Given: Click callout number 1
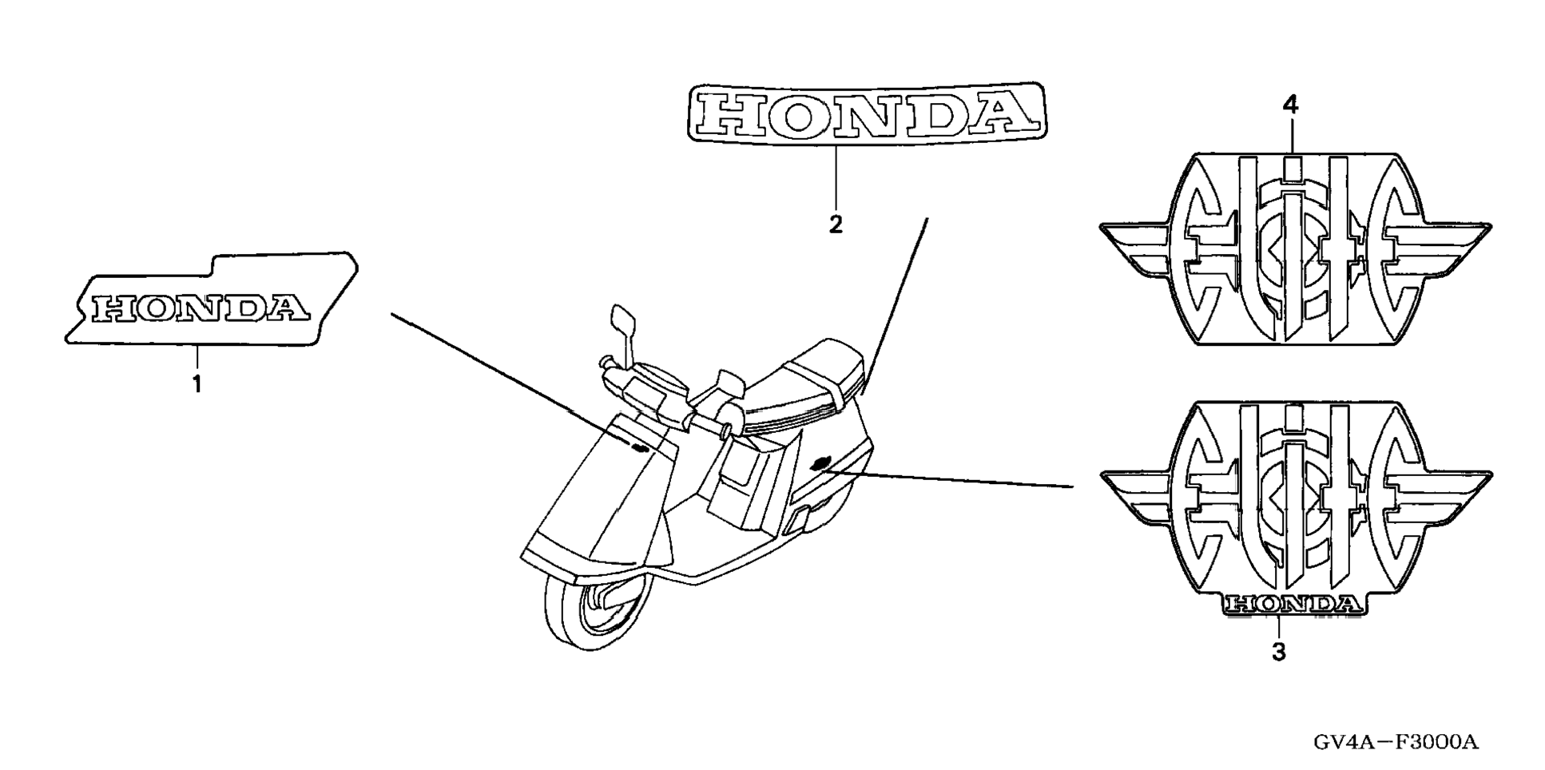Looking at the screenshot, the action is pos(197,384).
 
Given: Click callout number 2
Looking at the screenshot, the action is pos(836,224).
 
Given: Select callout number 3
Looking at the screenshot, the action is pos(1278,652).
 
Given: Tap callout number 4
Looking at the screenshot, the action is pos(1290,105).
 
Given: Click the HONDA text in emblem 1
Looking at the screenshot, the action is pos(200,308).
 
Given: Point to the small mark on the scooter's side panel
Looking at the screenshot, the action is pos(820,463).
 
